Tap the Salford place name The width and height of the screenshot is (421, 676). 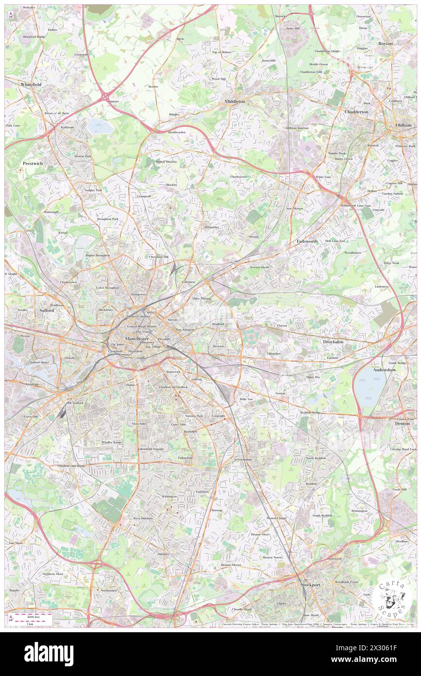coord(47,310)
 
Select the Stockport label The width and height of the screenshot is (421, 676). coord(310,585)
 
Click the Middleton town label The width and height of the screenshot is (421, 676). coord(234,101)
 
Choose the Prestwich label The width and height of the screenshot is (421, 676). coord(33,163)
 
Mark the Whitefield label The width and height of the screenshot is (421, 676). coord(31,84)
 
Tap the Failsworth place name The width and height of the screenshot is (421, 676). coord(307,241)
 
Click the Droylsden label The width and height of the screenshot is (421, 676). coord(333,342)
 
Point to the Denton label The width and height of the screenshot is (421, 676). coord(403,424)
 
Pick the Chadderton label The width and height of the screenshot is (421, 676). coord(356,111)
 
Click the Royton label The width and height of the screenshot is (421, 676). coord(385,43)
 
